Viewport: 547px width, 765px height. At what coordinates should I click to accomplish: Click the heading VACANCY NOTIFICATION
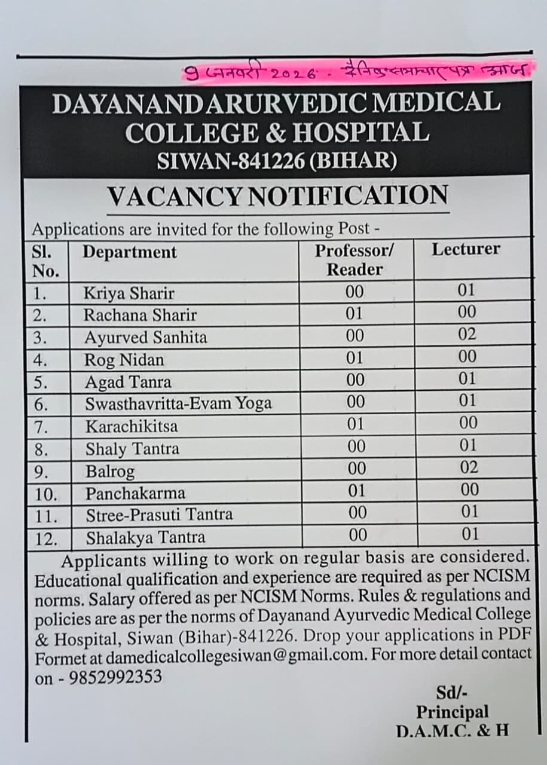pyautogui.click(x=277, y=196)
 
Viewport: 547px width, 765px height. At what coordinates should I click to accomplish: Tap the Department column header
pyautogui.click(x=130, y=252)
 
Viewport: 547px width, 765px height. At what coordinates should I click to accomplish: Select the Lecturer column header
pyautogui.click(x=466, y=249)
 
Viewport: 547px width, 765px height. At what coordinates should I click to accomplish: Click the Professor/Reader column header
pyautogui.click(x=355, y=259)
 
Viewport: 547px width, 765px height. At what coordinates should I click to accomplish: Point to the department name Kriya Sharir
pyautogui.click(x=129, y=293)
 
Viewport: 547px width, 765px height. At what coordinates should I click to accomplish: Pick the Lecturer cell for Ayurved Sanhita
pyautogui.click(x=467, y=335)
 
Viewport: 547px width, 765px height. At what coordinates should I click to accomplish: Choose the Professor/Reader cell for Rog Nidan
pyautogui.click(x=355, y=357)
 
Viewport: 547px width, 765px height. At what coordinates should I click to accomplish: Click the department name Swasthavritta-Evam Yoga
pyautogui.click(x=178, y=404)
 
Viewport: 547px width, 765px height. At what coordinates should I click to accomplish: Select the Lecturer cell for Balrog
pyautogui.click(x=467, y=467)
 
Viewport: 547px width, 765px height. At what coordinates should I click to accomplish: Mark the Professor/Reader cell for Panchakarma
pyautogui.click(x=355, y=491)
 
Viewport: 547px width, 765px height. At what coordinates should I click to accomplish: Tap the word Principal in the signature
pyautogui.click(x=452, y=712)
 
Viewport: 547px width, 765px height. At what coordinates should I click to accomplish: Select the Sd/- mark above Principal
pyautogui.click(x=451, y=693)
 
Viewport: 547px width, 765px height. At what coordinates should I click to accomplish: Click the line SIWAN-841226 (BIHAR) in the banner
pyautogui.click(x=277, y=160)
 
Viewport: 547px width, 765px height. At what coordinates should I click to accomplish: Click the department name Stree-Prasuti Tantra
pyautogui.click(x=159, y=515)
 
